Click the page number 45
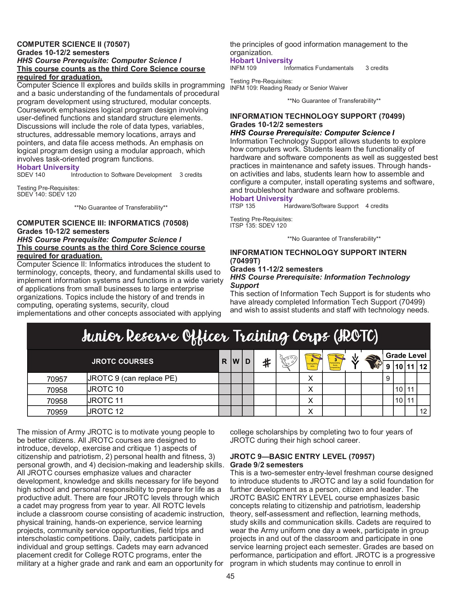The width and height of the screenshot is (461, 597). pyautogui.click(x=230, y=576)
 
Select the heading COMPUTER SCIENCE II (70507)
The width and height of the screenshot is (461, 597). pyautogui.click(x=73, y=44)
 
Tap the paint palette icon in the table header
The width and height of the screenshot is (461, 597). pyautogui.click(x=287, y=362)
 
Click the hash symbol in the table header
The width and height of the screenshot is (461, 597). pyautogui.click(x=266, y=363)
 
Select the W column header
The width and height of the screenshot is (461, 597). pyautogui.click(x=236, y=362)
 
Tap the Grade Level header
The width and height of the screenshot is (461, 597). pyautogui.click(x=406, y=356)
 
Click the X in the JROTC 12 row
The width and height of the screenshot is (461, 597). pyautogui.click(x=311, y=411)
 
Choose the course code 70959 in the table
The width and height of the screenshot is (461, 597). pyautogui.click(x=57, y=412)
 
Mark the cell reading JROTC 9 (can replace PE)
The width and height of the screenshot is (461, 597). pyautogui.click(x=132, y=378)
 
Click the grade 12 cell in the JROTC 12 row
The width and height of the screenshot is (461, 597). pyautogui.click(x=423, y=411)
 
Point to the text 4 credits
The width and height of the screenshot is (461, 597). pyautogui.click(x=377, y=206)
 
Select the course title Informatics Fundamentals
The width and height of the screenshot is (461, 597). pyautogui.click(x=319, y=68)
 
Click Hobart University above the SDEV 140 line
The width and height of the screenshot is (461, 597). pyautogui.click(x=48, y=167)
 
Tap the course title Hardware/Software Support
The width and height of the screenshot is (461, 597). pyautogui.click(x=321, y=206)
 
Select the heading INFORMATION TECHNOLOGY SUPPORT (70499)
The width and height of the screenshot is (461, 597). pyautogui.click(x=317, y=116)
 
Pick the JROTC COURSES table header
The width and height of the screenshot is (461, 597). pyautogui.click(x=123, y=362)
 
